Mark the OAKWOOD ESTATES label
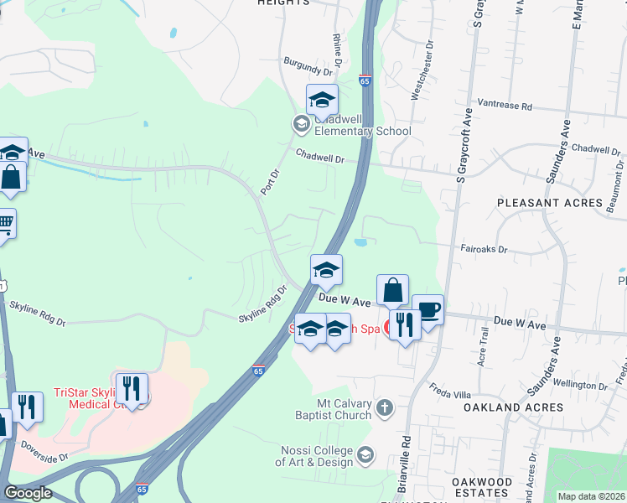click(481, 487)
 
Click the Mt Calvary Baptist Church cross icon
click(384, 407)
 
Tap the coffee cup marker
click(428, 310)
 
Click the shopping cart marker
click(5, 224)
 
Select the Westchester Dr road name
click(422, 70)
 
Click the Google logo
click(28, 493)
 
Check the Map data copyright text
click(591, 496)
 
